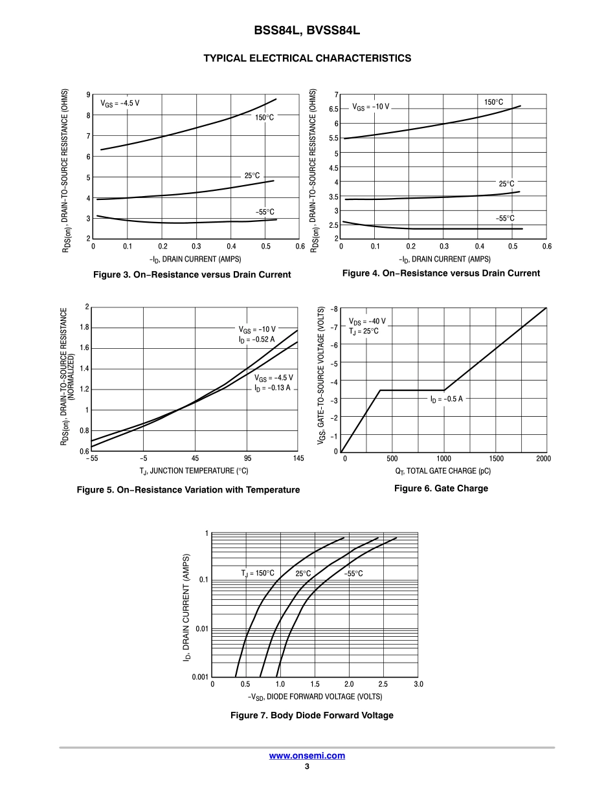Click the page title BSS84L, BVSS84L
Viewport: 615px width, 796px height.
point(307,30)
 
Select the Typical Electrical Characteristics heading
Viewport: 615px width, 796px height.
point(307,58)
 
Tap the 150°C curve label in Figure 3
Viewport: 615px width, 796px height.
point(264,118)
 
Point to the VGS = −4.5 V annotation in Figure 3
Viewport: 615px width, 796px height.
point(120,103)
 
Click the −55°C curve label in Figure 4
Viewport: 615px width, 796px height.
point(505,219)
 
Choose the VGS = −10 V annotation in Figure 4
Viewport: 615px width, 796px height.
point(371,106)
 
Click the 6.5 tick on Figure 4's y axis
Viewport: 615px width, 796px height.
point(333,109)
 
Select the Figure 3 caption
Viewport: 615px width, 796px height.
point(192,274)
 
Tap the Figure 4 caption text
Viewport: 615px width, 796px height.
point(441,273)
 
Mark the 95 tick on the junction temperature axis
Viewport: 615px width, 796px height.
point(247,458)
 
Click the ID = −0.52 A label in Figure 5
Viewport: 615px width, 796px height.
point(256,338)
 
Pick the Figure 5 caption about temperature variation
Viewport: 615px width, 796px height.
point(188,490)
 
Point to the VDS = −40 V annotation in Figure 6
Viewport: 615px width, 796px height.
point(367,321)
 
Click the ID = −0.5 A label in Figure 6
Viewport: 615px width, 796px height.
point(447,399)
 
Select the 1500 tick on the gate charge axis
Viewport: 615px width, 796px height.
point(495,458)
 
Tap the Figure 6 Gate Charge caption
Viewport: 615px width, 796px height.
point(441,488)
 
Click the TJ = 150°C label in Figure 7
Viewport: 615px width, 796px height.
point(258,573)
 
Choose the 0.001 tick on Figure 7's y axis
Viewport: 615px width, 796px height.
point(200,677)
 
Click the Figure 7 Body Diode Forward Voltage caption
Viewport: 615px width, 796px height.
point(312,715)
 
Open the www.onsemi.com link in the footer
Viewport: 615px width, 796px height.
point(307,755)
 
